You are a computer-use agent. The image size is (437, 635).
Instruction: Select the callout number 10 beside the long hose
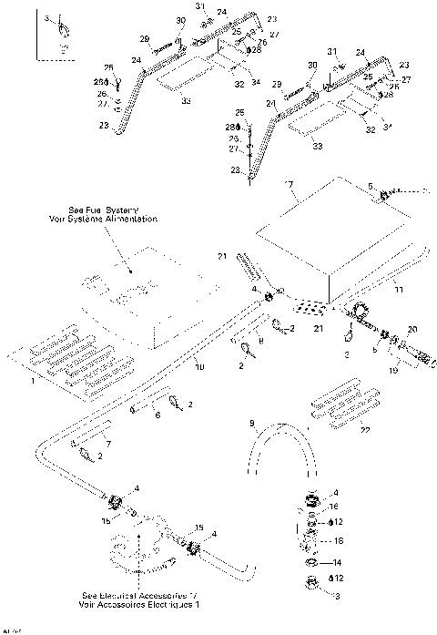point(201,366)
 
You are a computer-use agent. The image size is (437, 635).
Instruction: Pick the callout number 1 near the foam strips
point(35,381)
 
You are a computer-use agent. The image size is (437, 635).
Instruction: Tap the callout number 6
point(157,415)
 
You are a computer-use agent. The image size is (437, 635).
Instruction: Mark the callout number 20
point(412,329)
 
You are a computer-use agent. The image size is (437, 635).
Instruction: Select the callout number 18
point(339,540)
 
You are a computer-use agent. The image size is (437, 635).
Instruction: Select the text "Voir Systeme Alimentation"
point(104,220)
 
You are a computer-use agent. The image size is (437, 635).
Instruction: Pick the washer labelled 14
point(310,563)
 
